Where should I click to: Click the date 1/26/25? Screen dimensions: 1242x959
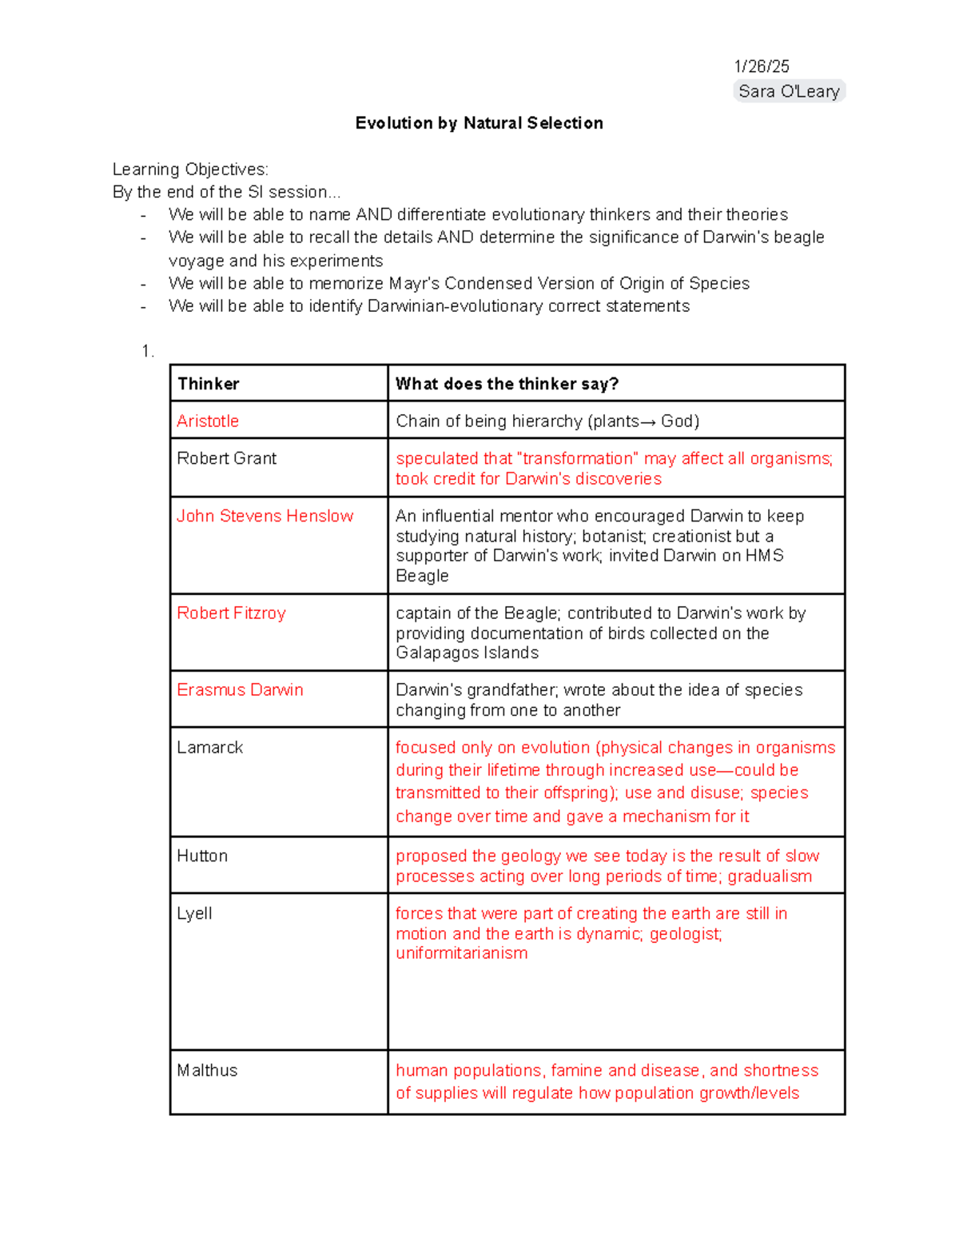coord(762,66)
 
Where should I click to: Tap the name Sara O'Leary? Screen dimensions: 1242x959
coord(789,91)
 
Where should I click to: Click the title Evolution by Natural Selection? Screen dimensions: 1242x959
coord(479,123)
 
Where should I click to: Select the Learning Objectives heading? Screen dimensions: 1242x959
coord(190,170)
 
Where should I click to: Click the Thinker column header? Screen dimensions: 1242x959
coord(208,384)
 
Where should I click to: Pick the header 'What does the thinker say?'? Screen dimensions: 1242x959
coord(507,384)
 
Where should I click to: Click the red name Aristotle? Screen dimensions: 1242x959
coord(208,421)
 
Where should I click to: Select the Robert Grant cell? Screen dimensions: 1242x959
coord(226,458)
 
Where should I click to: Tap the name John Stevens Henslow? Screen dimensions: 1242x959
coord(265,516)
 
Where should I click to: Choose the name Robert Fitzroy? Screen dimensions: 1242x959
coord(231,613)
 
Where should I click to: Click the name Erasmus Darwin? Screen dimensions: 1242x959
coord(240,690)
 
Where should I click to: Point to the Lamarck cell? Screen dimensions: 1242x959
coord(209,748)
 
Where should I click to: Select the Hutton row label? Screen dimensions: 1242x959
coord(202,857)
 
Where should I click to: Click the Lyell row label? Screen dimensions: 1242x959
coord(194,914)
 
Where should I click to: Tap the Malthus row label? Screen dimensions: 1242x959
coord(207,1071)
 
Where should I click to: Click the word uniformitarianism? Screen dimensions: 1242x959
coord(461,953)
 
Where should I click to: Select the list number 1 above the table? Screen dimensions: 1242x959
coord(146,352)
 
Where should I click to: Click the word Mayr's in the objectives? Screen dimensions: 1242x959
coord(414,284)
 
